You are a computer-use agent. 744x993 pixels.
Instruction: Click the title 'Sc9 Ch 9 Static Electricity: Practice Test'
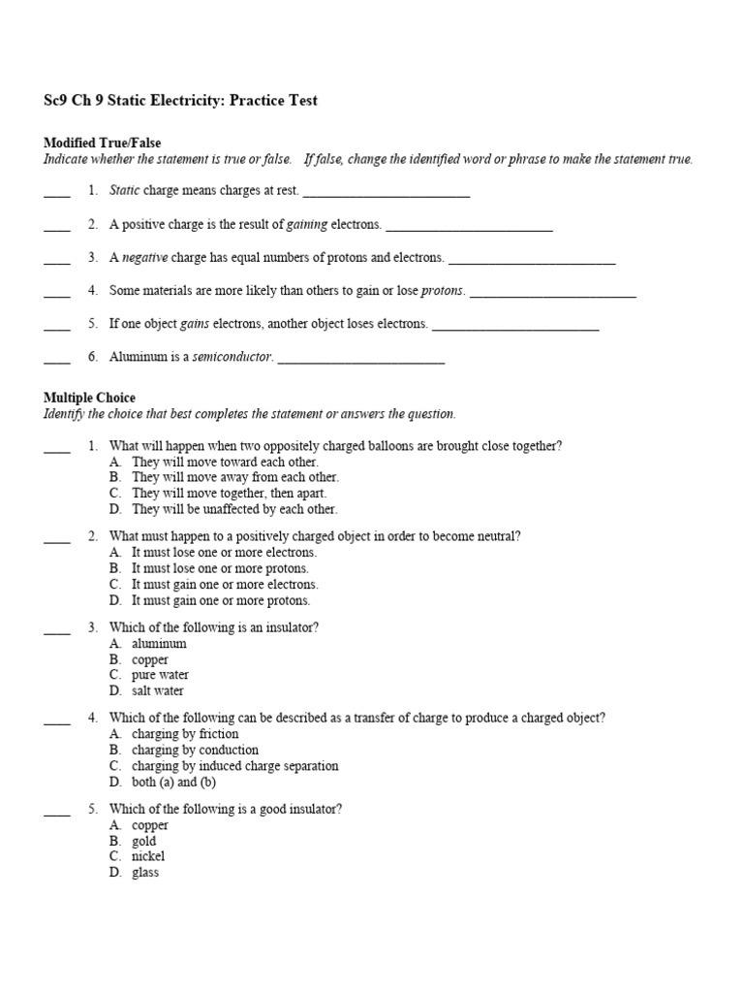[x=180, y=101]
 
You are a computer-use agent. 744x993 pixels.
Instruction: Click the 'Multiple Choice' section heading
[x=89, y=398]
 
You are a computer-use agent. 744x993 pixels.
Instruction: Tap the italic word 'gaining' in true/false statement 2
[x=307, y=224]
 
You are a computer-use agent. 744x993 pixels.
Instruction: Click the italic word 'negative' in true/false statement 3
[x=144, y=257]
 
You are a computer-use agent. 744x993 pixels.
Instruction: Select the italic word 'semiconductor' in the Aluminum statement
[x=232, y=357]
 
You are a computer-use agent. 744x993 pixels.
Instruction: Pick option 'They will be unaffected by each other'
[x=234, y=509]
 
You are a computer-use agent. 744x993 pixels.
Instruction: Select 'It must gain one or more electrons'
[x=225, y=585]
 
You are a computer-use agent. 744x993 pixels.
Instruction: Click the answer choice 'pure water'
[x=160, y=675]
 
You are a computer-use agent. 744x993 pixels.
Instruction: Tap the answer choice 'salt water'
[x=158, y=690]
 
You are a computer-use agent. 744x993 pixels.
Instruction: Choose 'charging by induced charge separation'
[x=235, y=766]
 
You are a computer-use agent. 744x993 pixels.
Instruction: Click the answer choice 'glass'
[x=145, y=872]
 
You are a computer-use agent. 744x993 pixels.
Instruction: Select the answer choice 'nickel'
[x=148, y=856]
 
